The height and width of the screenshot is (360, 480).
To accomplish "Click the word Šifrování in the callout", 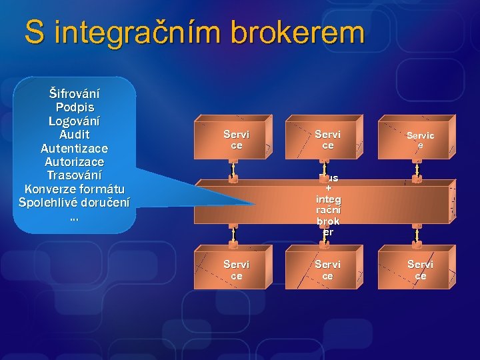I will tap(74, 93).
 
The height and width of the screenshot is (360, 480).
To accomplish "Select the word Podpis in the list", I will tap(74, 107).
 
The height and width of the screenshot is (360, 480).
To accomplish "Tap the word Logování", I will tap(74, 121).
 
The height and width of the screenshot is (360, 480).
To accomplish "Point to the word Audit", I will tap(74, 134).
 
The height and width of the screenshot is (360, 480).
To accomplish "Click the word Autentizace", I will tap(74, 148).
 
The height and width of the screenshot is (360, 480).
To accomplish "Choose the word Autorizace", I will tap(74, 161).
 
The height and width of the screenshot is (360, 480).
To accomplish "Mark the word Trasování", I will tap(74, 175).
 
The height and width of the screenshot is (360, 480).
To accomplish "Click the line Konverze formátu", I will tap(74, 189).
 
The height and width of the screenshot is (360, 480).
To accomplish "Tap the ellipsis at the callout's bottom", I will tap(74, 216).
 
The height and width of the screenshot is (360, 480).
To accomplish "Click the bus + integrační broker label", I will tap(327, 205).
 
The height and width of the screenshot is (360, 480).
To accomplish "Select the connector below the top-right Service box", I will tap(417, 171).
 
